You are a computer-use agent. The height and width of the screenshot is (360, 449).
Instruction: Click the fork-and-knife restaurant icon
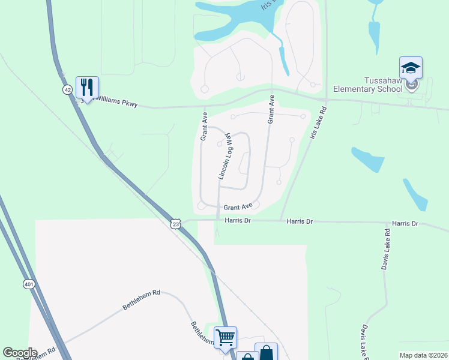point(87,88)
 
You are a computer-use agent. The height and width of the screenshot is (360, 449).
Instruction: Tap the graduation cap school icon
point(411,68)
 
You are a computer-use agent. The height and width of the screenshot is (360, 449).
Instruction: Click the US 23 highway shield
point(175,223)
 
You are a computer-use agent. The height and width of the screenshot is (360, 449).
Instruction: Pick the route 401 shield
point(29,284)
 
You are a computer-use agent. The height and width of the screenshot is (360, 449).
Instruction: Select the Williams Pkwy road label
point(114,104)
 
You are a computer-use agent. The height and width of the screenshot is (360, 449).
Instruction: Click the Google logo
point(20,353)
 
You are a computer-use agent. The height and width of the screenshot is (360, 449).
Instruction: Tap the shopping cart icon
point(225,337)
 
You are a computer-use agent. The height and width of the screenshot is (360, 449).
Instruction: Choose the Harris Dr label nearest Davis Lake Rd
point(405,223)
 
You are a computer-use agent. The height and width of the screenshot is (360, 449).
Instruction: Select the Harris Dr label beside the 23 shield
point(238,220)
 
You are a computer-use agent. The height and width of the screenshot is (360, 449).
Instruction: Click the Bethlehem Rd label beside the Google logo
point(40,353)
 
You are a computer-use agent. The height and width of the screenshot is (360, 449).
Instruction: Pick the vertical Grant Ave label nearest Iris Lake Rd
point(271,109)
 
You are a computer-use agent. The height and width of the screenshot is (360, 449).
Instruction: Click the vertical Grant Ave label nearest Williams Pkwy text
point(204,126)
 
